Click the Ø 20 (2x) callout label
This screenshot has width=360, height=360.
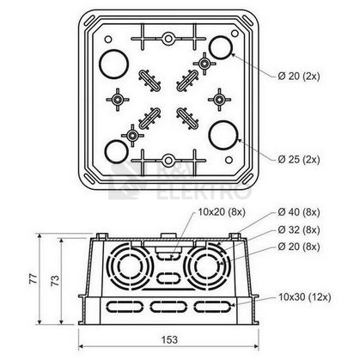click(x=299, y=76)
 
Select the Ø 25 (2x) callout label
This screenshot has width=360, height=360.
click(x=299, y=159)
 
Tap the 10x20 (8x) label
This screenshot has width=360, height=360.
click(x=222, y=212)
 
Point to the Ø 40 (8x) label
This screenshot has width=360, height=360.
click(x=299, y=212)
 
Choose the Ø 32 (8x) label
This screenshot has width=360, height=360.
click(x=299, y=229)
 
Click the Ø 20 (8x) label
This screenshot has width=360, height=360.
click(x=299, y=247)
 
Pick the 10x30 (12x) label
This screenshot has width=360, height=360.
click(x=305, y=297)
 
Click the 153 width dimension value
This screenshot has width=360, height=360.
click(x=169, y=339)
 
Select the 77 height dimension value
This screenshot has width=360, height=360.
click(x=34, y=278)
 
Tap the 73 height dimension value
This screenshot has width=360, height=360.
click(x=55, y=280)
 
